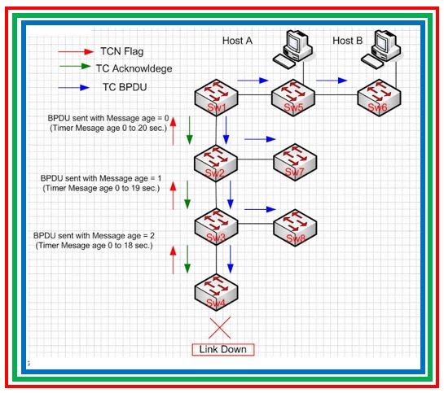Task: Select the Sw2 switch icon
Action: tap(216, 159)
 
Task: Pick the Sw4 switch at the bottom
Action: tap(216, 292)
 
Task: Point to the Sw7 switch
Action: tap(292, 159)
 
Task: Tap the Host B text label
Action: tap(348, 41)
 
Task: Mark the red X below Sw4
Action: tap(216, 329)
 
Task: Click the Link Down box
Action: tap(222, 350)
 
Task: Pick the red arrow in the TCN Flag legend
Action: tap(77, 51)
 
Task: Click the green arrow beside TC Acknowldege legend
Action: tap(77, 68)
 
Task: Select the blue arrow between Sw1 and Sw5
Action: tap(253, 81)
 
